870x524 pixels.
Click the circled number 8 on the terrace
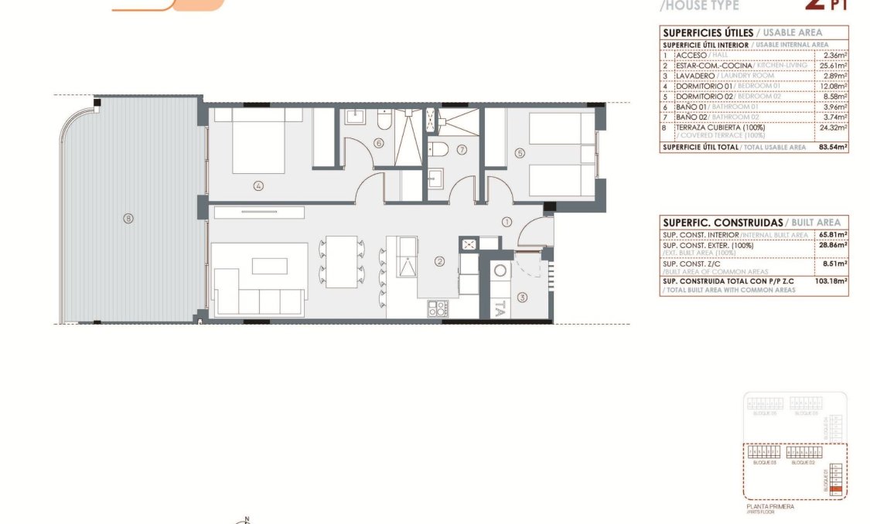(128, 219)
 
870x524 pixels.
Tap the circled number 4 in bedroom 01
(258, 185)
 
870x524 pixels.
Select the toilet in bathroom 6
(384, 122)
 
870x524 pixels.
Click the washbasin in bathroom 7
(435, 177)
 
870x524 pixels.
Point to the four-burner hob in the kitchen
(438, 308)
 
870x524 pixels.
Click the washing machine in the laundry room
(500, 271)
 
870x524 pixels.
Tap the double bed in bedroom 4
(258, 140)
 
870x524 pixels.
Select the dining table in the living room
(341, 261)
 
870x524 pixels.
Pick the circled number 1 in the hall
(507, 221)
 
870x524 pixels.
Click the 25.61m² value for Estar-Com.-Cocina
(834, 66)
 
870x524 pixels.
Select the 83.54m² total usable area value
(833, 147)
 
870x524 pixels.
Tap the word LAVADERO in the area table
(694, 76)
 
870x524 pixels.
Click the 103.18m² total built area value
(832, 281)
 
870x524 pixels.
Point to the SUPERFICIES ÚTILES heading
(707, 32)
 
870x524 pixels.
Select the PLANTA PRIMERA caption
(769, 507)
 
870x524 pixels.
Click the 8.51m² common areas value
(835, 264)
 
